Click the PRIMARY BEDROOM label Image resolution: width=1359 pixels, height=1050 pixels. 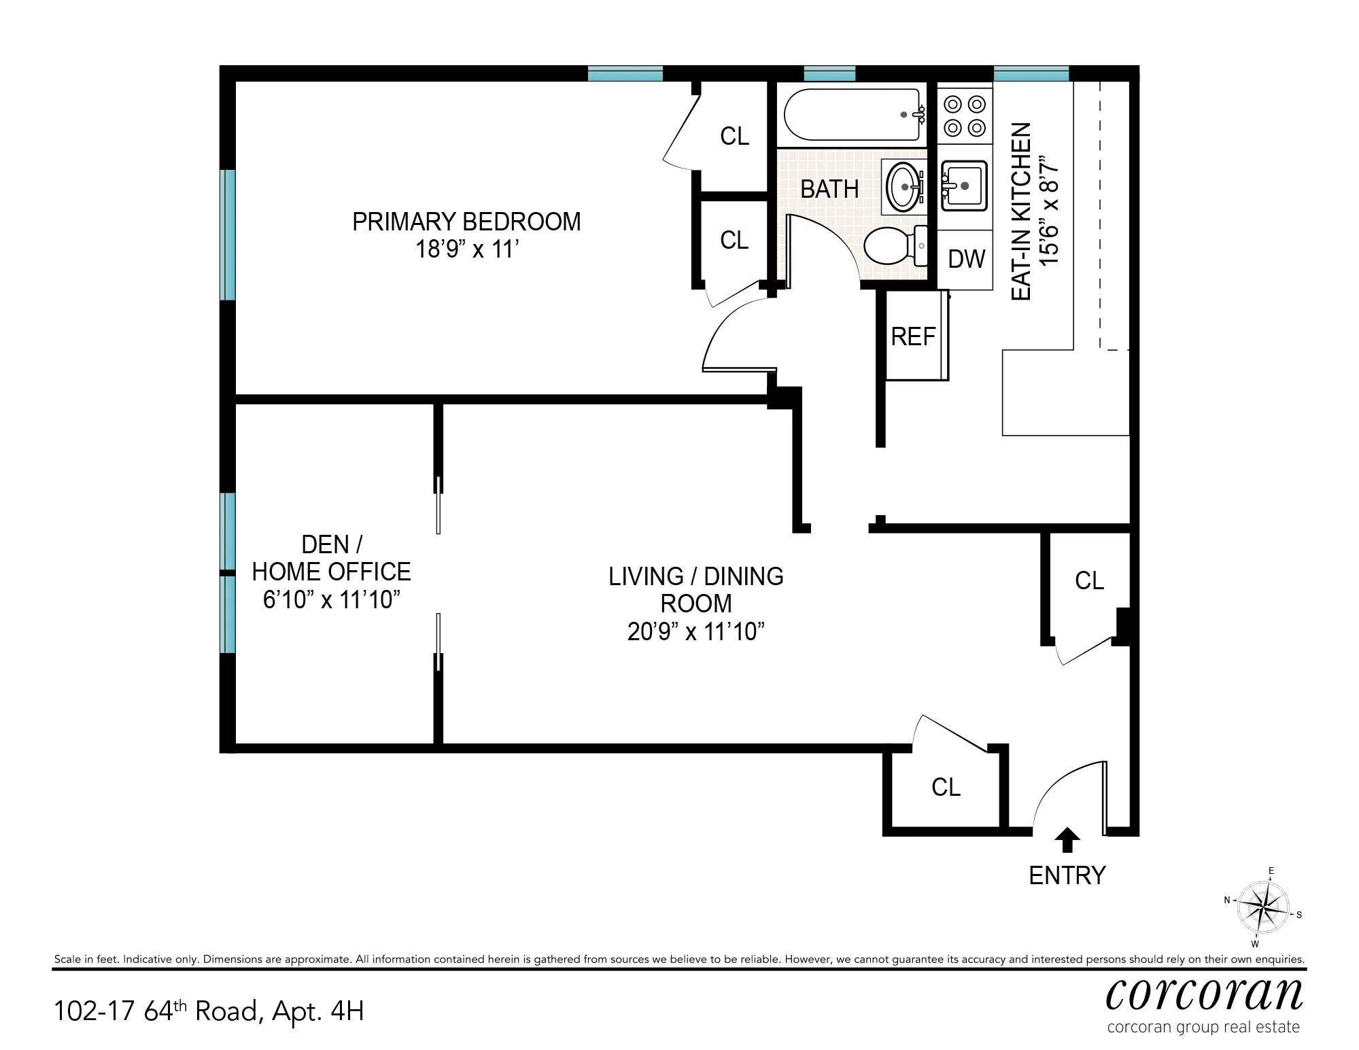click(x=466, y=222)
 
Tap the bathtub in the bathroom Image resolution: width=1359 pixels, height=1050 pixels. click(x=854, y=114)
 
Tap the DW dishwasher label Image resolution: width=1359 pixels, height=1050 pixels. click(x=966, y=259)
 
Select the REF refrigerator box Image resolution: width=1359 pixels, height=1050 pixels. click(x=913, y=336)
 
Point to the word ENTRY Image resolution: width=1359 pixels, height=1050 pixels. click(x=1067, y=875)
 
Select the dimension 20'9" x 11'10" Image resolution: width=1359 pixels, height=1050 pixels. click(x=695, y=632)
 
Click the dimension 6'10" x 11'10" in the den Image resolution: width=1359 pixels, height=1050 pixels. click(x=331, y=600)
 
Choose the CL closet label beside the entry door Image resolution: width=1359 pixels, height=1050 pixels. click(x=946, y=787)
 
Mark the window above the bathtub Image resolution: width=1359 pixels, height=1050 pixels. click(x=829, y=73)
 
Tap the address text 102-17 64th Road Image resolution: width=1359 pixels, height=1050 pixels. click(x=156, y=1011)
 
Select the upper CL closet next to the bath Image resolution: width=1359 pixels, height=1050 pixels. click(x=734, y=137)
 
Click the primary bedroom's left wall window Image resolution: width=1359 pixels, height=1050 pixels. click(x=227, y=234)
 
